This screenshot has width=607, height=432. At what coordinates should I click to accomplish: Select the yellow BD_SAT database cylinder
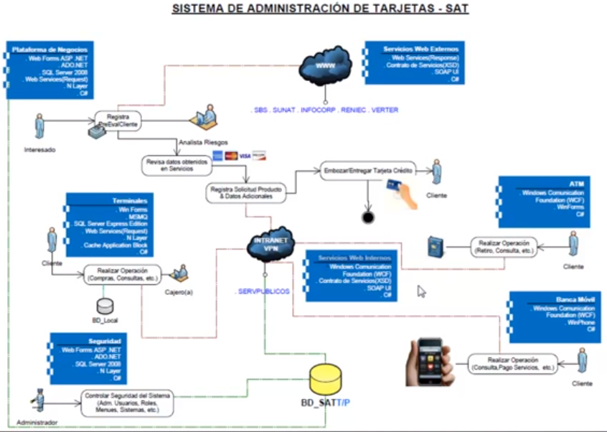pos(328,378)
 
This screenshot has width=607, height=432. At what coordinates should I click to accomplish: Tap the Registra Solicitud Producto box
pos(245,192)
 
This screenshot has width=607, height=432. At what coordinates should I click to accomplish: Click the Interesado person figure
pos(40,127)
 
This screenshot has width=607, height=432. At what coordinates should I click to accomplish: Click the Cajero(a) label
pos(179,292)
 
